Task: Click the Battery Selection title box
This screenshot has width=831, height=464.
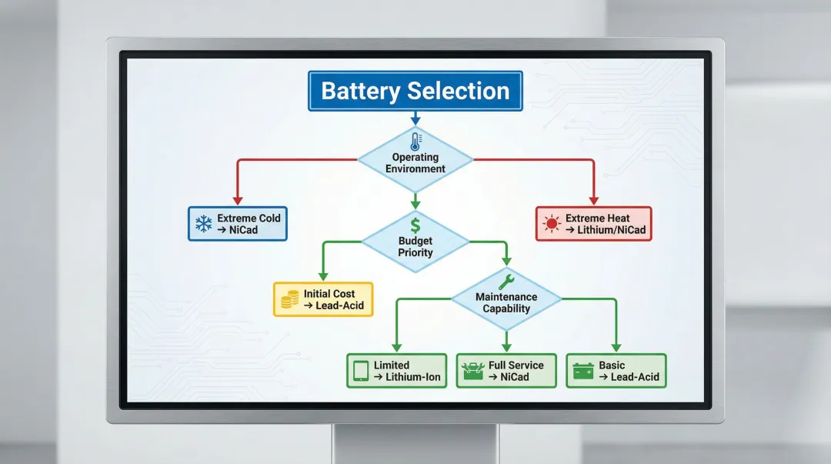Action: click(415, 91)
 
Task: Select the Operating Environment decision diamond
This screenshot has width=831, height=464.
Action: click(415, 161)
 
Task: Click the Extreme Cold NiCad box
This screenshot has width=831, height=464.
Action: click(238, 224)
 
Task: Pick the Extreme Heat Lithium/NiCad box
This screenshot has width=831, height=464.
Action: click(593, 224)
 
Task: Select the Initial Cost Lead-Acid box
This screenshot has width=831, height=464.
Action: click(323, 299)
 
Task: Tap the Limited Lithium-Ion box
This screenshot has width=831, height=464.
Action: click(396, 371)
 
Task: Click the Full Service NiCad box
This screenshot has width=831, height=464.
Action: click(506, 371)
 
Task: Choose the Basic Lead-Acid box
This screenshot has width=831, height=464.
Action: click(616, 371)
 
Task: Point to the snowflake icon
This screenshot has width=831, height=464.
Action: click(204, 224)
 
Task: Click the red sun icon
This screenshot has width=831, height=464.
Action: click(551, 224)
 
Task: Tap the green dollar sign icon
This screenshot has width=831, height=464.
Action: click(415, 225)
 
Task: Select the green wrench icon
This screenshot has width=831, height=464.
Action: click(506, 281)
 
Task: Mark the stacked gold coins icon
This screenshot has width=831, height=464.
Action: click(289, 299)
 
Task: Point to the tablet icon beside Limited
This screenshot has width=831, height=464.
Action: click(360, 371)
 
